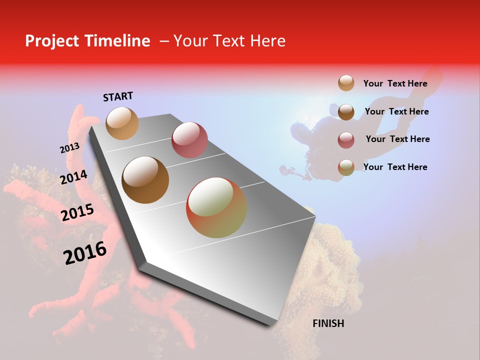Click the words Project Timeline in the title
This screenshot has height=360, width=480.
point(87,41)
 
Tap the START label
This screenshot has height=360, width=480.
point(118,96)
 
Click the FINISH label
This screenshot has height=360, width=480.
point(328,323)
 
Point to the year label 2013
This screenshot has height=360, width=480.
point(69,148)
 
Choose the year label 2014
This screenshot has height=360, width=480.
point(73,177)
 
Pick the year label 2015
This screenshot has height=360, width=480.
point(77,212)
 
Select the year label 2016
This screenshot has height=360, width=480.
point(85,252)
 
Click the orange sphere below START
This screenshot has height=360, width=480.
point(122,123)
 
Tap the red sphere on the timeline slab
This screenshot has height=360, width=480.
point(189,140)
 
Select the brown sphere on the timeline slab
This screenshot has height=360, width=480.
point(145,180)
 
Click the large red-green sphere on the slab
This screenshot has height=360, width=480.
point(216,207)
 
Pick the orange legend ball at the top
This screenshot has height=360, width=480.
point(346,83)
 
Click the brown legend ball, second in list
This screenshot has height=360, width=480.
point(346,111)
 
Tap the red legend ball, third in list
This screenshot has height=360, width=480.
point(346,139)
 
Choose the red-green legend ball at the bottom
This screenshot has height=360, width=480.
point(346,167)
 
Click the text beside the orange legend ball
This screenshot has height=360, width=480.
point(395,83)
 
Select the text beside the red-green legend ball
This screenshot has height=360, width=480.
point(395,167)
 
